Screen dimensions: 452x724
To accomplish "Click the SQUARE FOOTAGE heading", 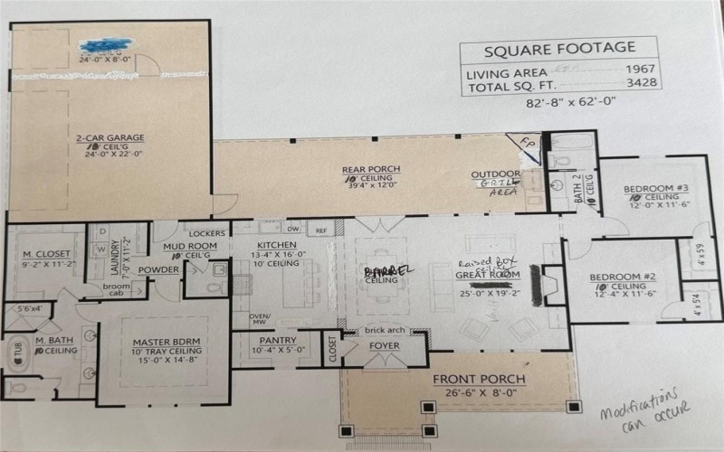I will [x=559, y=49].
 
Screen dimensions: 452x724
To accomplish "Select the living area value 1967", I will [x=641, y=69].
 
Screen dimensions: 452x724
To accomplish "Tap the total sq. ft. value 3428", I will [x=641, y=83].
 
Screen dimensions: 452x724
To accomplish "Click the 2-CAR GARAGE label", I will [x=110, y=138].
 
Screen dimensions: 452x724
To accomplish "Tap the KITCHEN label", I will [x=276, y=245].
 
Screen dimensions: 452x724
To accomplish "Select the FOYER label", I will [x=384, y=345].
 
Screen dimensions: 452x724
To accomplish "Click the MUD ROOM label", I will [x=185, y=245].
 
